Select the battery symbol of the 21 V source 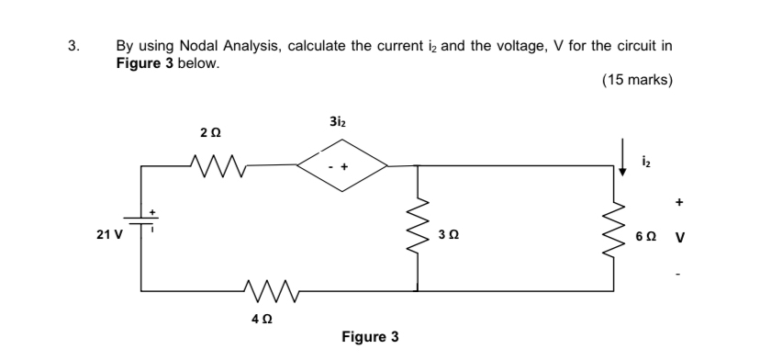(141, 220)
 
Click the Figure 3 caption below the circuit (370, 337)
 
